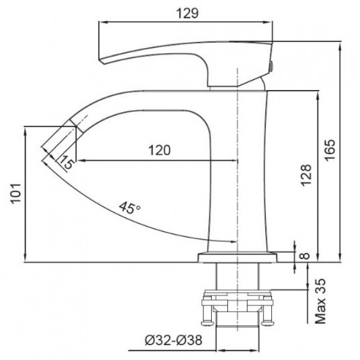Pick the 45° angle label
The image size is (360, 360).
(x=129, y=208)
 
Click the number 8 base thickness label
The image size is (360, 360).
(x=304, y=257)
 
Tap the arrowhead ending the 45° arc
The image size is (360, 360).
(x=234, y=242)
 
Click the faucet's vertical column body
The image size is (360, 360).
(x=240, y=174)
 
